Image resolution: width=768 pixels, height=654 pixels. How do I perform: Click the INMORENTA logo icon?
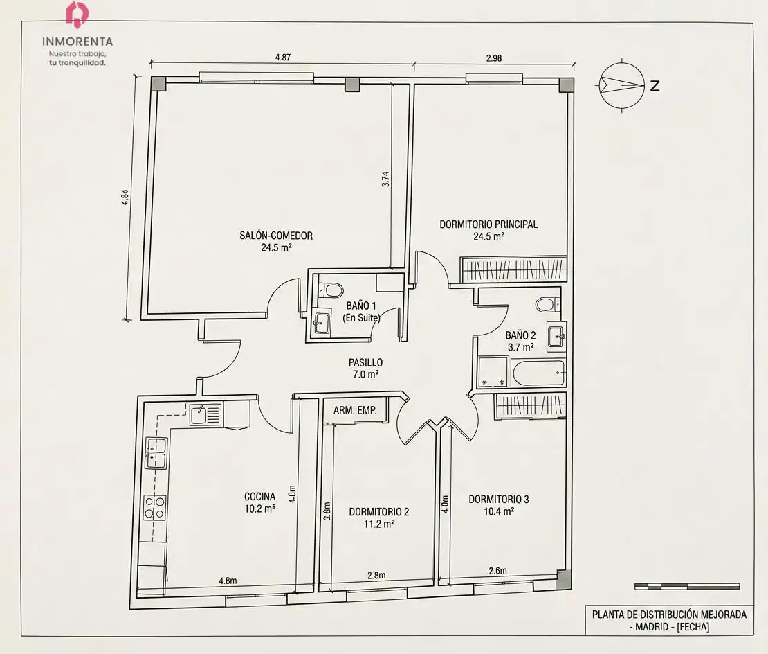[x=77, y=13]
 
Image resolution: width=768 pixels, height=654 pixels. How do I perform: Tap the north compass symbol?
[x=622, y=86]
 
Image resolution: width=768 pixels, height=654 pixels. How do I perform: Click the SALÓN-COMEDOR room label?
[x=276, y=236]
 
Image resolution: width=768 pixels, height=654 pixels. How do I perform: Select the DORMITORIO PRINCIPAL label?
[x=488, y=224]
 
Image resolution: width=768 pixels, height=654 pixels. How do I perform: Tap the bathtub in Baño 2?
[x=538, y=373]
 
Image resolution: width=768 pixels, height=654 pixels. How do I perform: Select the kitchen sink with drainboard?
[x=205, y=414]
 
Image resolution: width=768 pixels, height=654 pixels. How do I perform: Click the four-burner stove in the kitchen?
[x=154, y=507]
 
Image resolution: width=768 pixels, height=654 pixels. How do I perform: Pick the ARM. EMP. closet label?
[x=355, y=410]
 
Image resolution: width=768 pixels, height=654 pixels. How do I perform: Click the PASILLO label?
[x=365, y=362]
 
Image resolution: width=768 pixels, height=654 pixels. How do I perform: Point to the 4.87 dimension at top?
[x=282, y=57]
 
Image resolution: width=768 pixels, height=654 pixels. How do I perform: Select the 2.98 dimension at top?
[x=494, y=58]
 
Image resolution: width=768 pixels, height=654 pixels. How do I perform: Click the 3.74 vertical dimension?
[x=385, y=179]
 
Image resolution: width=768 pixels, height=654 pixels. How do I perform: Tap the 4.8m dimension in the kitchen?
[x=228, y=581]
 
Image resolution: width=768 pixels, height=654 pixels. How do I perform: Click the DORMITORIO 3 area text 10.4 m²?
[x=499, y=511]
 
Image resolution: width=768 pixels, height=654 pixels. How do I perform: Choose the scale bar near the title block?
[x=686, y=586]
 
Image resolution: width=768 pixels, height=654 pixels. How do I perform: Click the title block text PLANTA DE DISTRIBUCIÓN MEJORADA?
[x=669, y=615]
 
